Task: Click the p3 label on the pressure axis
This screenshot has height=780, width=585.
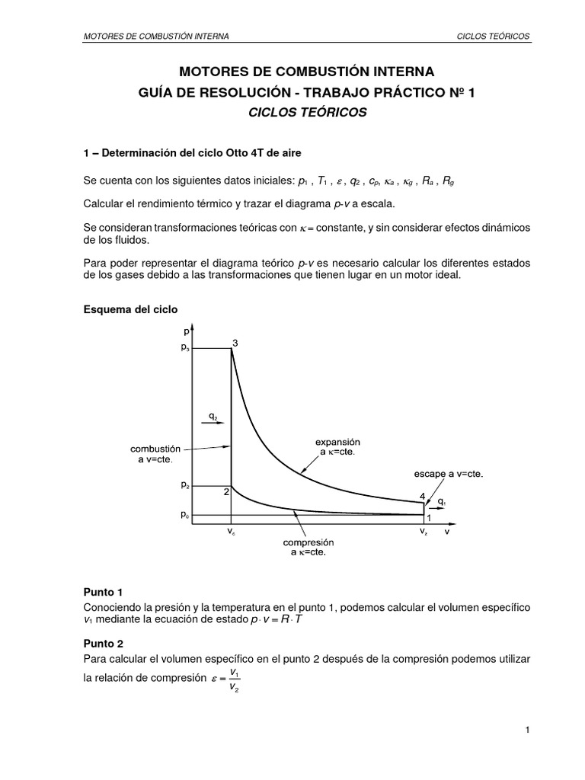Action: (x=184, y=348)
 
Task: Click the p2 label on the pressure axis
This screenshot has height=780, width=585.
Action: (x=184, y=485)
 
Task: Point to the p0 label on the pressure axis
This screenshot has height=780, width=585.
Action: (x=184, y=515)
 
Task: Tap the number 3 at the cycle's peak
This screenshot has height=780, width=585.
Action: (x=235, y=343)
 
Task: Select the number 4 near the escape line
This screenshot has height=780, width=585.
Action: (x=423, y=496)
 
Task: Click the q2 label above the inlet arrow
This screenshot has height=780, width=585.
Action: (x=214, y=417)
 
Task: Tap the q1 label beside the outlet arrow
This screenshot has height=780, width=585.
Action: (x=443, y=501)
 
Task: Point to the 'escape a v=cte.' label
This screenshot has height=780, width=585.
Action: (x=449, y=473)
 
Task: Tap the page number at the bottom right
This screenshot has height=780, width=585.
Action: (x=527, y=730)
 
